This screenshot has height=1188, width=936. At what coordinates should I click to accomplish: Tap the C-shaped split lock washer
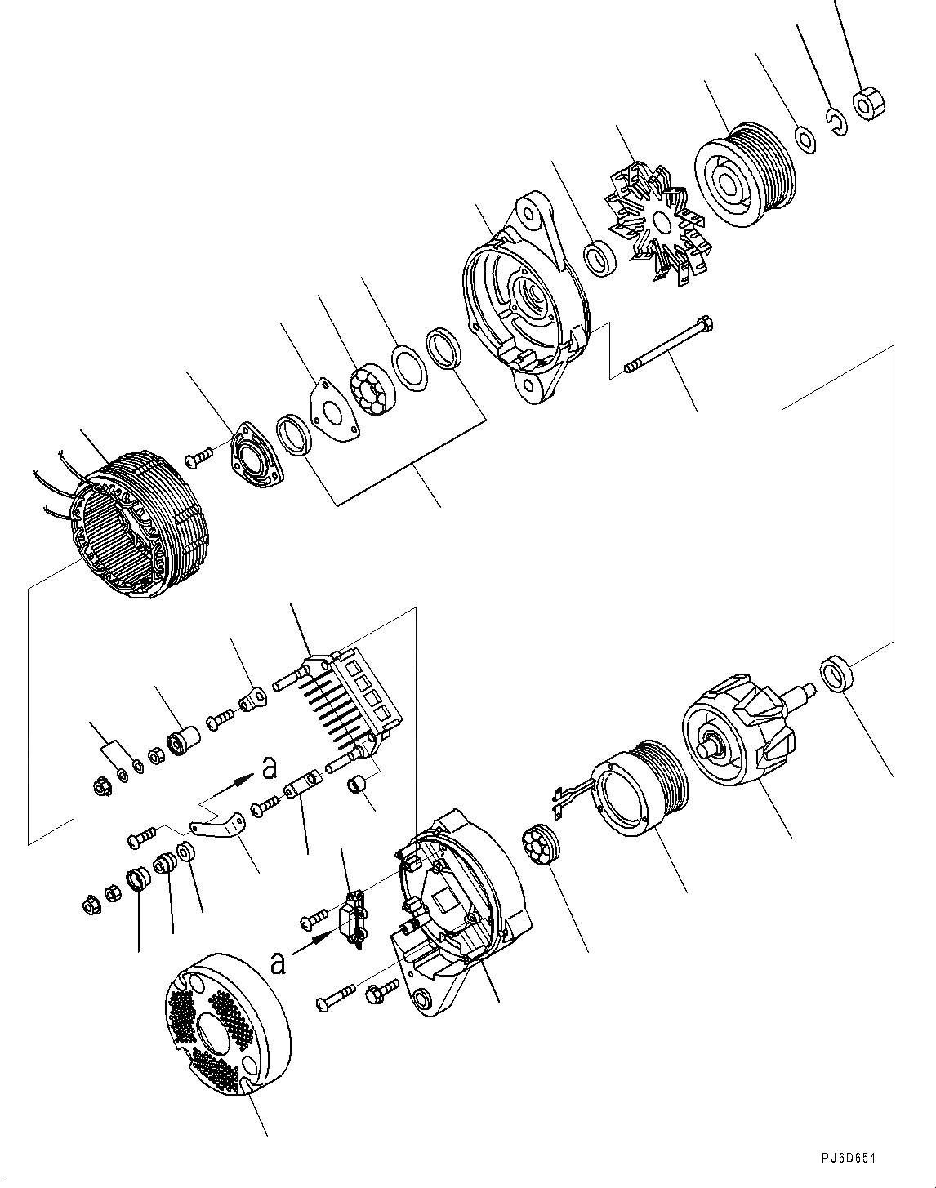pyautogui.click(x=834, y=122)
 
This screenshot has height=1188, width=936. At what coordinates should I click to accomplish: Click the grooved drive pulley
pyautogui.click(x=741, y=174)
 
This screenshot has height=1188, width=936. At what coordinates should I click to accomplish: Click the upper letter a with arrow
pyautogui.click(x=269, y=768)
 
